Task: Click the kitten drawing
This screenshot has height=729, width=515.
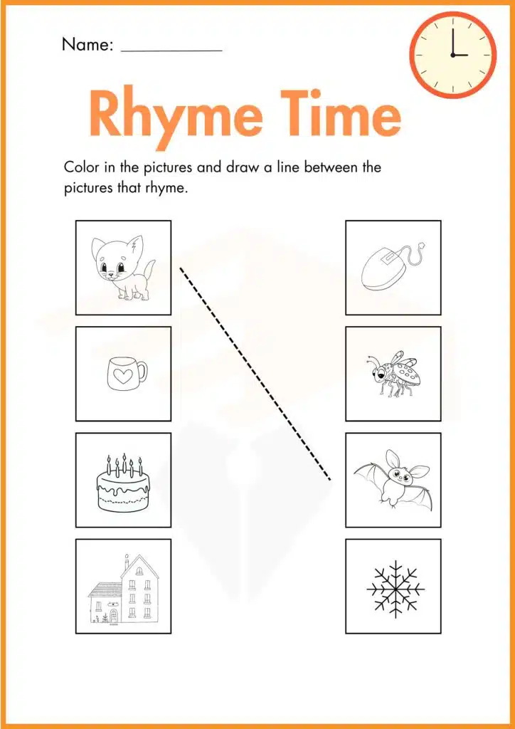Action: pos(121,268)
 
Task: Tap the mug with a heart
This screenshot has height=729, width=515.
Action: pos(126,372)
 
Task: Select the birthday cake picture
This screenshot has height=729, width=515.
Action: pos(124,481)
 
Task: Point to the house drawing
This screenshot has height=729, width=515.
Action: pos(123,588)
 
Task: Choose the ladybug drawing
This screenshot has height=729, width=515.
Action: pos(393,373)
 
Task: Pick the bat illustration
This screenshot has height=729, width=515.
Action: pos(393,479)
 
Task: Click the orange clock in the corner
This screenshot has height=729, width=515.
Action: pos(453,54)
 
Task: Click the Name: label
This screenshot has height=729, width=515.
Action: pos(87,44)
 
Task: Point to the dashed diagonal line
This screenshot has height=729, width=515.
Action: pos(255,374)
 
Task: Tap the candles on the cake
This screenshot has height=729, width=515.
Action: pos(124,466)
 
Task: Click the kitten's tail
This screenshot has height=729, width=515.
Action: pos(148,271)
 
